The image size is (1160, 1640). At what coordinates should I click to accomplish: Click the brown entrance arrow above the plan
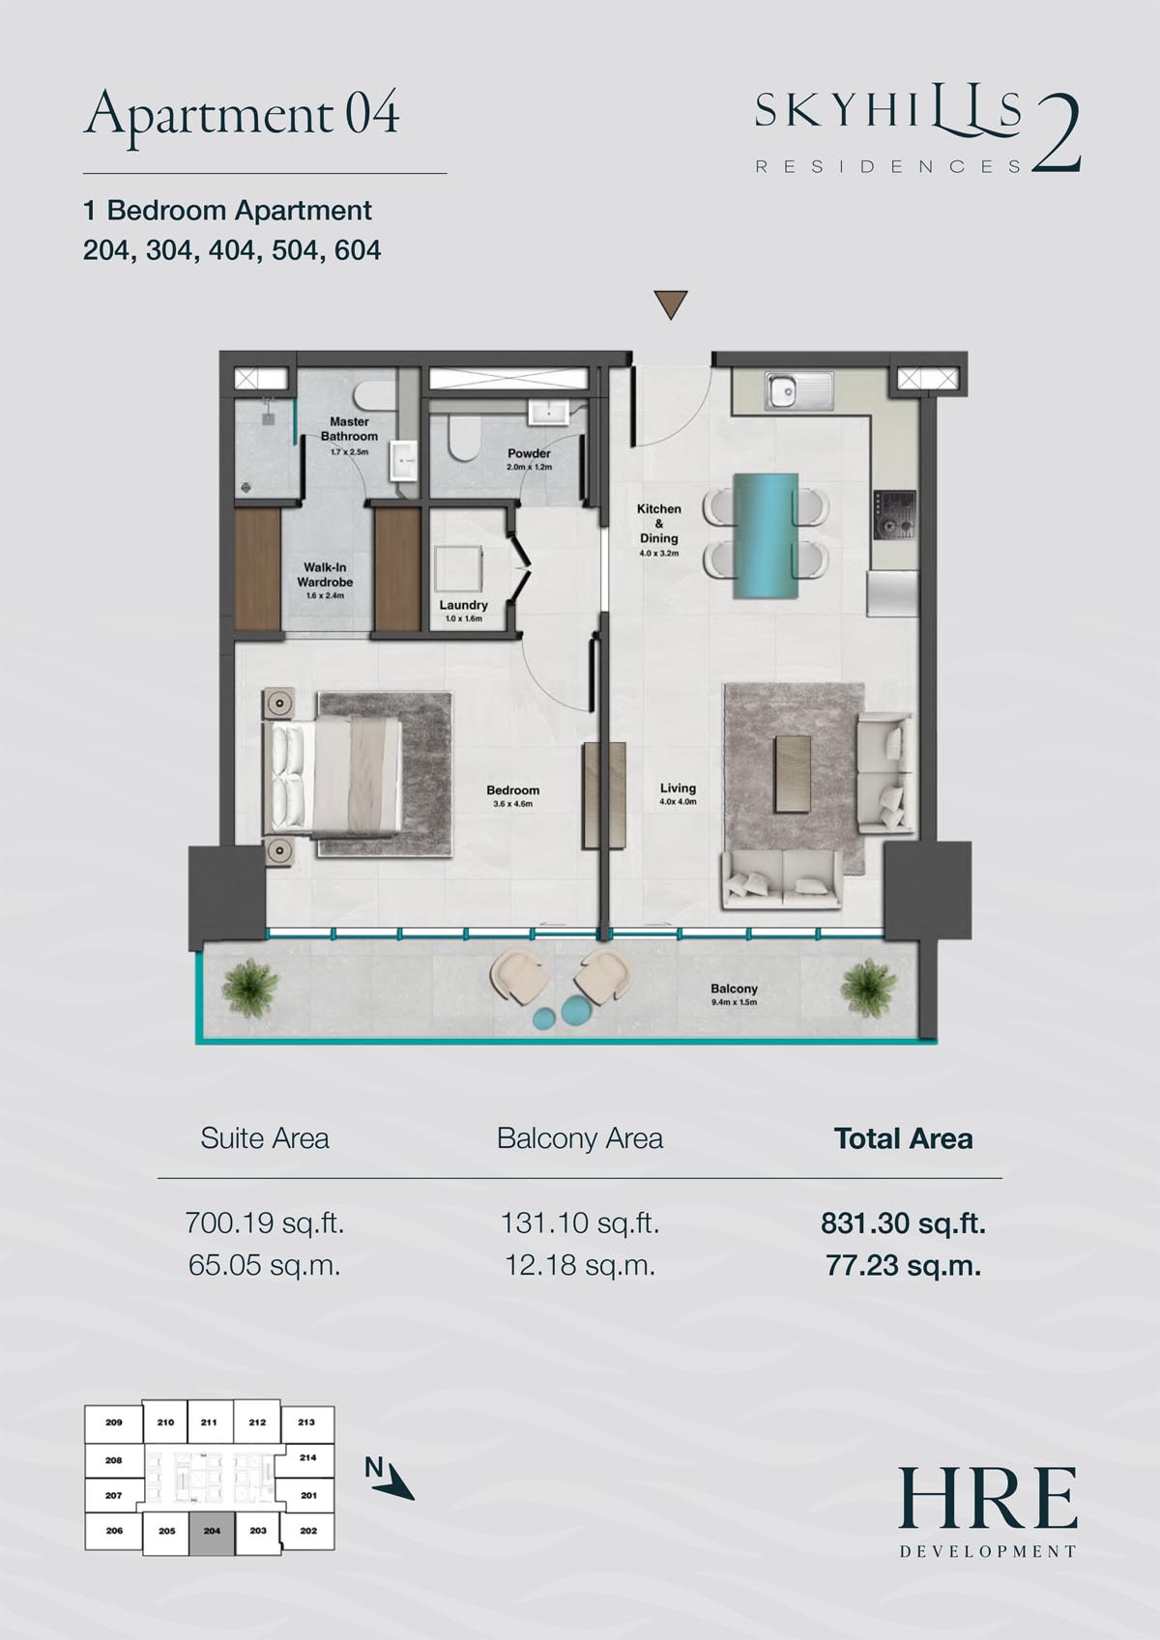pos(670,303)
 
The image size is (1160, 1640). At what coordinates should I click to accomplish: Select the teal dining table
pos(765,536)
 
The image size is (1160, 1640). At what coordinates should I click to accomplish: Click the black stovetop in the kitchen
pos(893,515)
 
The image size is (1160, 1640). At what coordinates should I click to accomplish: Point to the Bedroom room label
pos(512,790)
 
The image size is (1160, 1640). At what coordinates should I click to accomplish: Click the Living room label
pos(678,788)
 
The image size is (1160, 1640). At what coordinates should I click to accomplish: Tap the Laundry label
pos(463,605)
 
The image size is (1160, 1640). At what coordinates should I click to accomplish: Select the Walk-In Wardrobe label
pos(325,575)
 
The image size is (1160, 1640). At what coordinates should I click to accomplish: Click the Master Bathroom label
pos(349,429)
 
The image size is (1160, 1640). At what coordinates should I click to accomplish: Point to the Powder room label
pos(529,453)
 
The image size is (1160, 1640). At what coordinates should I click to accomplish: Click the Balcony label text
pos(733,989)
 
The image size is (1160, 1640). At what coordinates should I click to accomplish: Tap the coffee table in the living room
pos(792,775)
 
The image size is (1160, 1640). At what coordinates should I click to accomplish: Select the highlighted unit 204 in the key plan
pos(213,1531)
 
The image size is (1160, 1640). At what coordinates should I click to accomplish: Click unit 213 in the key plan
pos(306,1422)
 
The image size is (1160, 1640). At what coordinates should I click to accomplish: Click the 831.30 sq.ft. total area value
pos(903,1223)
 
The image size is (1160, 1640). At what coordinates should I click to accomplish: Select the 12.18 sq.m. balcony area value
pos(580,1265)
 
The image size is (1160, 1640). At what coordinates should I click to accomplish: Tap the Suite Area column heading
pos(265,1138)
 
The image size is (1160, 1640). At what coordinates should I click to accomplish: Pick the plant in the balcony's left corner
pos(250,987)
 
